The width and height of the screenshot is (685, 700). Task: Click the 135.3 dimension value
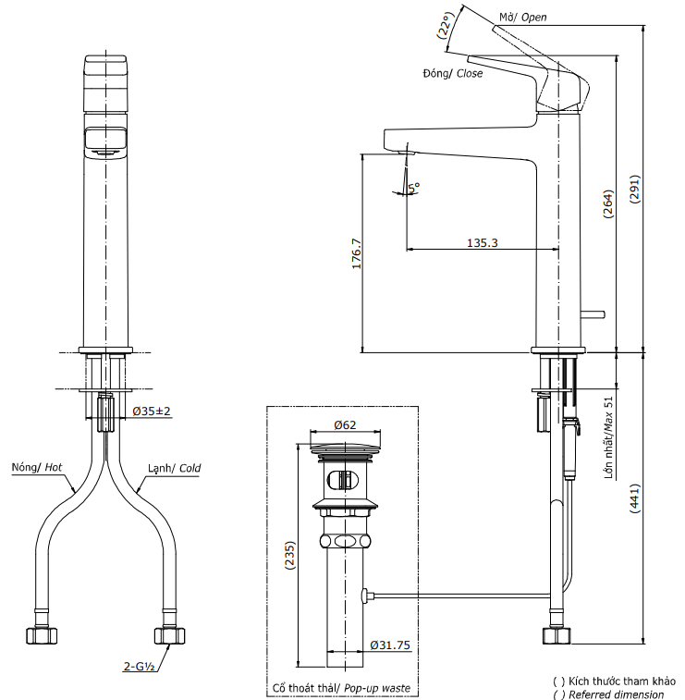tap(483, 243)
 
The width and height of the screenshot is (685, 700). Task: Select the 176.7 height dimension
tap(356, 253)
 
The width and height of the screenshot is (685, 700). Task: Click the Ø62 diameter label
tap(346, 425)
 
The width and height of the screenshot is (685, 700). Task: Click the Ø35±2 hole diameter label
tap(152, 411)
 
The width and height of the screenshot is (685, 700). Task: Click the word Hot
tap(54, 468)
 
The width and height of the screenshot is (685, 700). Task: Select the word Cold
tap(190, 468)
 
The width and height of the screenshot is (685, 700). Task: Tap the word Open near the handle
tap(535, 18)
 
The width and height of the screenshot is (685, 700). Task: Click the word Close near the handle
tap(470, 73)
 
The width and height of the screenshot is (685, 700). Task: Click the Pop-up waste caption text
tap(377, 688)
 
